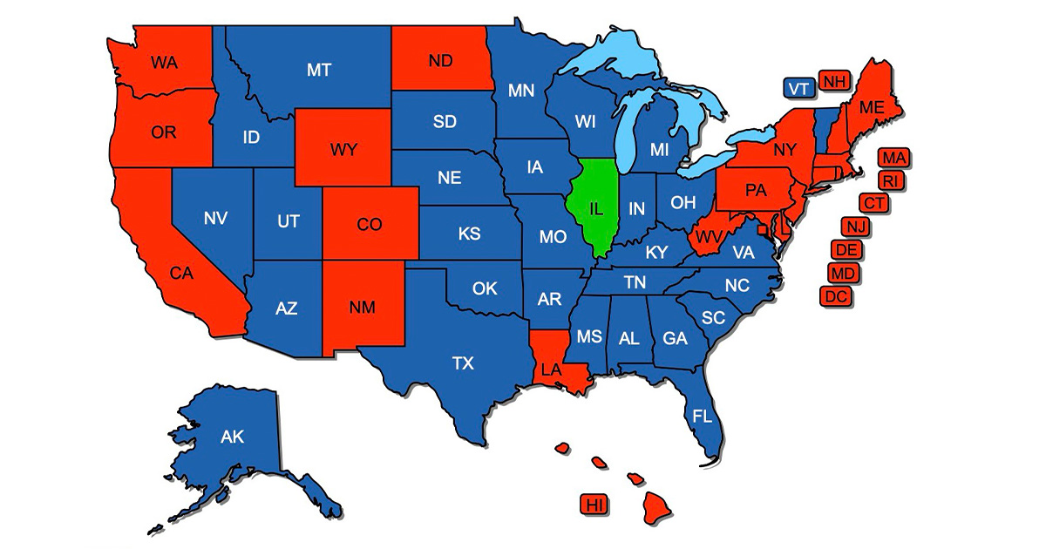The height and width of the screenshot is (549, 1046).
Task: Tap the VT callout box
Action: click(798, 87)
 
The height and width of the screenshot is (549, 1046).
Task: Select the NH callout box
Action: click(835, 81)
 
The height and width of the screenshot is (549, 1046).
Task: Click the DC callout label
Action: click(836, 295)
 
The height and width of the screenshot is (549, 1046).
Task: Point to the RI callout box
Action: click(890, 180)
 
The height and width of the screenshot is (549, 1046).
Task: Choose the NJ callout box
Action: click(854, 227)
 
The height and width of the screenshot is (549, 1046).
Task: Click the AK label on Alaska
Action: click(232, 437)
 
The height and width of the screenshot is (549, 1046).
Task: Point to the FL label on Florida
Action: click(702, 416)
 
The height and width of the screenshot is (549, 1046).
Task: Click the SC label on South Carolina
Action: click(713, 318)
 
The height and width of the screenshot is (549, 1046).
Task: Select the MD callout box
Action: click(842, 273)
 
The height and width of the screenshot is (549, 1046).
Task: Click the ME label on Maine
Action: click(871, 108)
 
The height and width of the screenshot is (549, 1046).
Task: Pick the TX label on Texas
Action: click(463, 363)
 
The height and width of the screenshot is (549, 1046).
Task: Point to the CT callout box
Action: click(873, 203)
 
